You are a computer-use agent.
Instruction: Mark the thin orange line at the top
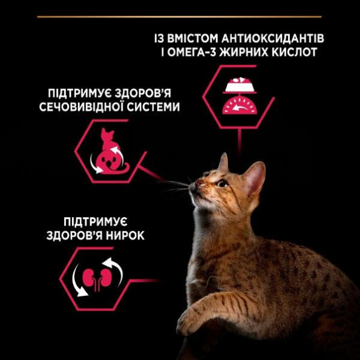click(179, 16)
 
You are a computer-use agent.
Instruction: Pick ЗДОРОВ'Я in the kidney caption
click(71, 235)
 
